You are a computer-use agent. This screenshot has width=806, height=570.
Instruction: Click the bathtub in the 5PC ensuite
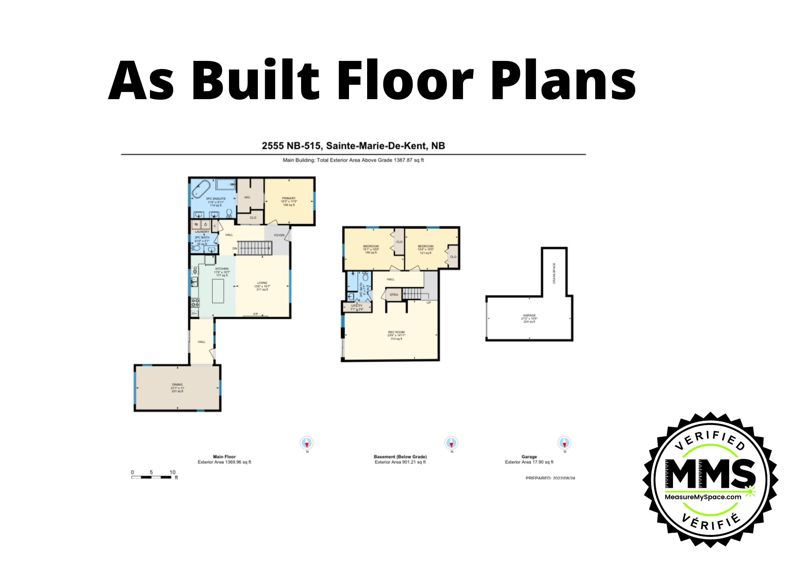click(x=201, y=189)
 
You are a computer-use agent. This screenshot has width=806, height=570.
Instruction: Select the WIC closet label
click(x=247, y=198)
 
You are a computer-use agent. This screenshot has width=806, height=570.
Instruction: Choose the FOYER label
click(x=279, y=235)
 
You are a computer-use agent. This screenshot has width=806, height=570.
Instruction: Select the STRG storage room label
click(x=394, y=295)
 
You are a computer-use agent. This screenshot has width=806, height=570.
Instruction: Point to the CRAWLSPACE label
click(x=554, y=273)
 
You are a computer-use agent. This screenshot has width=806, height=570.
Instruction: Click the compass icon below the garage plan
click(x=564, y=443)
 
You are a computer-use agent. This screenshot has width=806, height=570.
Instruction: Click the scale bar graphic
click(x=151, y=477)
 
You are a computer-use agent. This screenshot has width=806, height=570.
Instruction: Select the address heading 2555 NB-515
click(x=353, y=146)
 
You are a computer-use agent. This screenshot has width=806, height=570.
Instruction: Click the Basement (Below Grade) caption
click(x=400, y=457)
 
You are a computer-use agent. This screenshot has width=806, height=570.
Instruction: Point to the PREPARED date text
click(x=550, y=478)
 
